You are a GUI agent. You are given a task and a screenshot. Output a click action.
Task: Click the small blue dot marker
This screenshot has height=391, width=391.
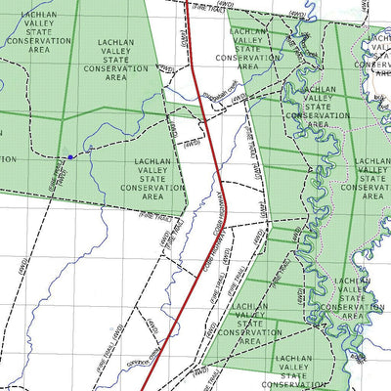(x=70, y=155)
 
